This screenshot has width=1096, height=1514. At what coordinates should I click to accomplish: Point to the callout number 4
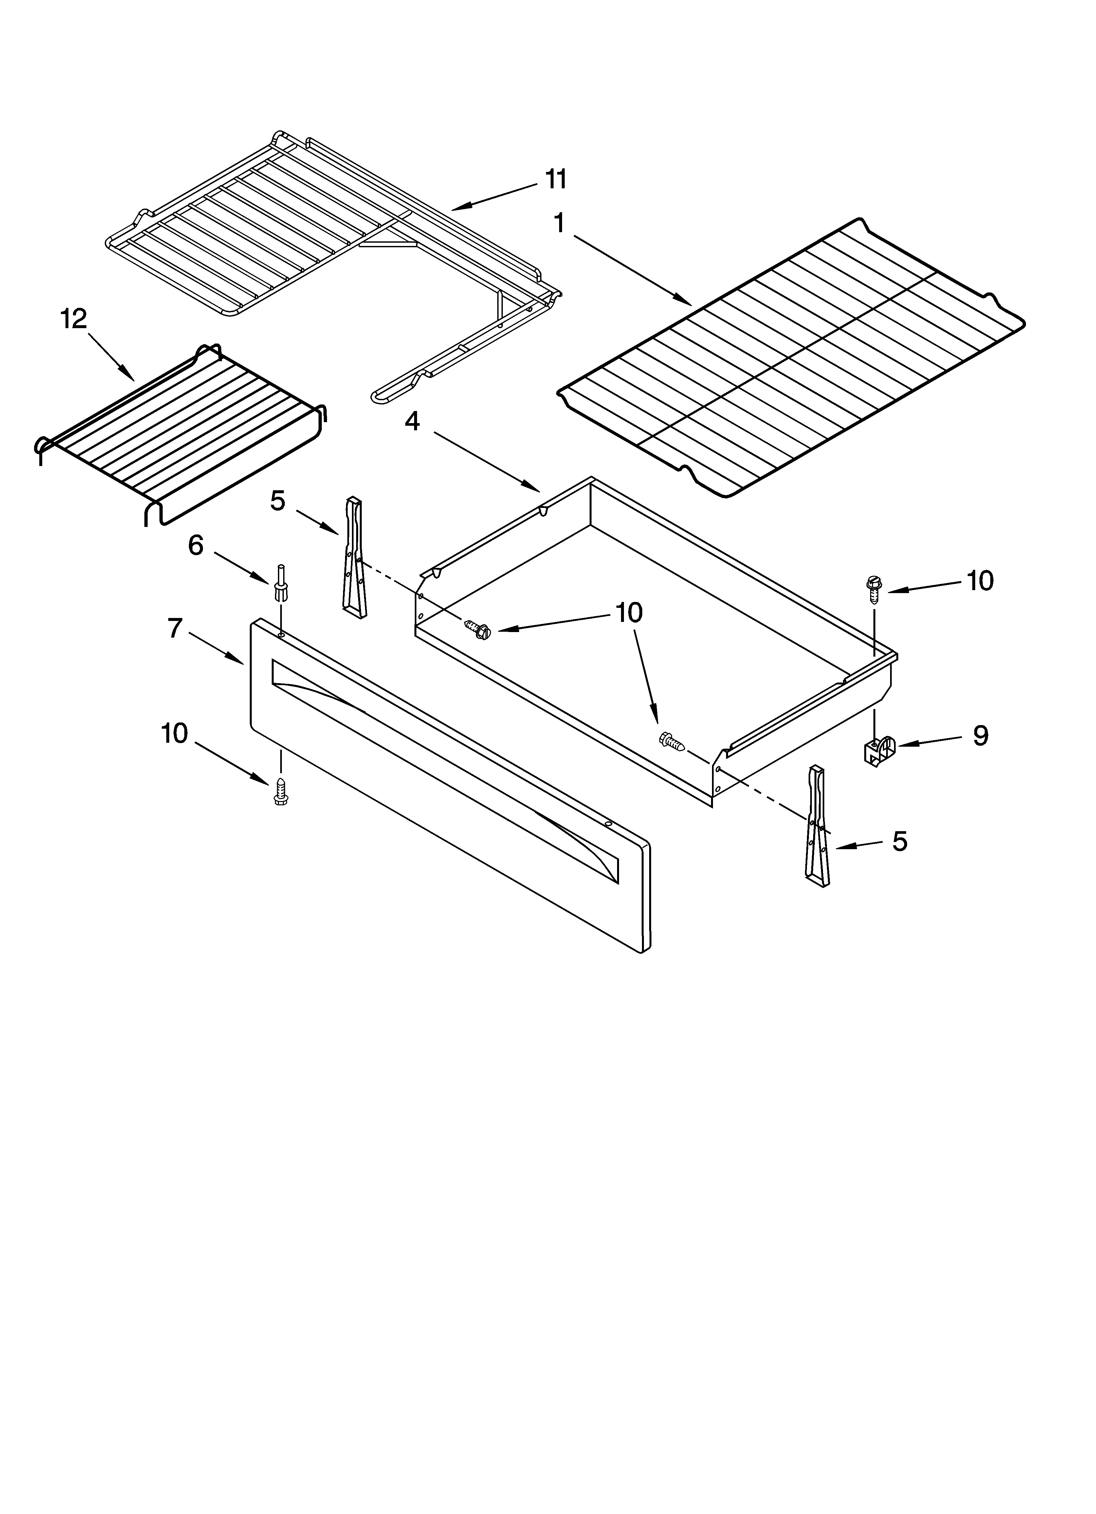click(x=412, y=421)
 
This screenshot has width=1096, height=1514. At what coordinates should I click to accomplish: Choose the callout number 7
click(x=175, y=628)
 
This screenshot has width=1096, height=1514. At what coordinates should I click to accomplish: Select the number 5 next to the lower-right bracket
click(x=900, y=842)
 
